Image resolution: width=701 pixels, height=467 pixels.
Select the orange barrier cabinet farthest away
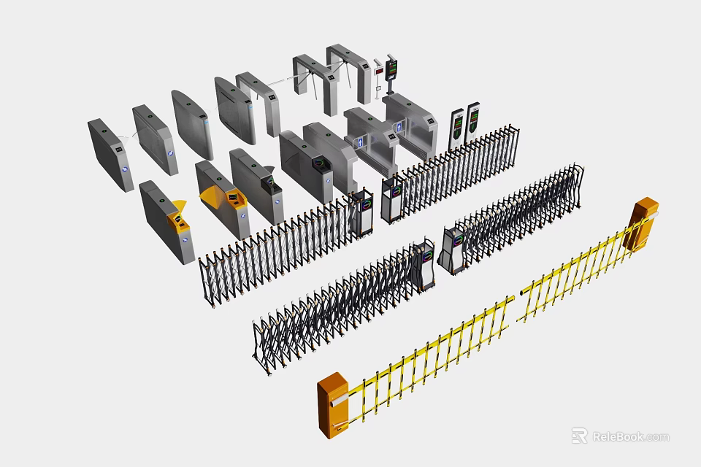point(645,225)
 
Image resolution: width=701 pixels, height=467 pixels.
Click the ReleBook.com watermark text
point(629,436)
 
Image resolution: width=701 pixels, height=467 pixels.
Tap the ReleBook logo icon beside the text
point(579,436)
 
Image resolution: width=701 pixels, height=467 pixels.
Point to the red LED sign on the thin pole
point(378,72)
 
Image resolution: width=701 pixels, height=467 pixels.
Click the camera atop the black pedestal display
point(392,56)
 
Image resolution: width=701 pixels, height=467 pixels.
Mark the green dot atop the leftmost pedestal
point(104,132)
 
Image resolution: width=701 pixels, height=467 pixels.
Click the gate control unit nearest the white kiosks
point(393,197)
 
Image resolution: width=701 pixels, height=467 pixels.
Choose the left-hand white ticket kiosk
point(457,126)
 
